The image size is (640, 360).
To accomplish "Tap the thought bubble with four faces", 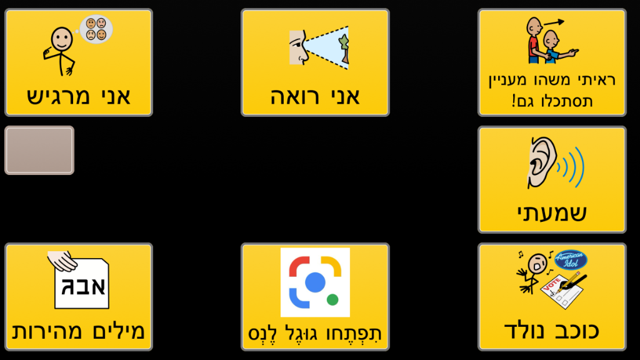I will point(96,29).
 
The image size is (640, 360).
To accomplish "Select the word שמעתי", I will point(552,212).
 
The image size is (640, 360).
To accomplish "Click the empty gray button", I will point(39,150).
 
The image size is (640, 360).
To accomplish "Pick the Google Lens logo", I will point(315,282).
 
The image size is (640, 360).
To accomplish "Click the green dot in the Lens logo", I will point(332,299).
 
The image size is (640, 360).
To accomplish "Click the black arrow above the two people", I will point(554,22).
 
